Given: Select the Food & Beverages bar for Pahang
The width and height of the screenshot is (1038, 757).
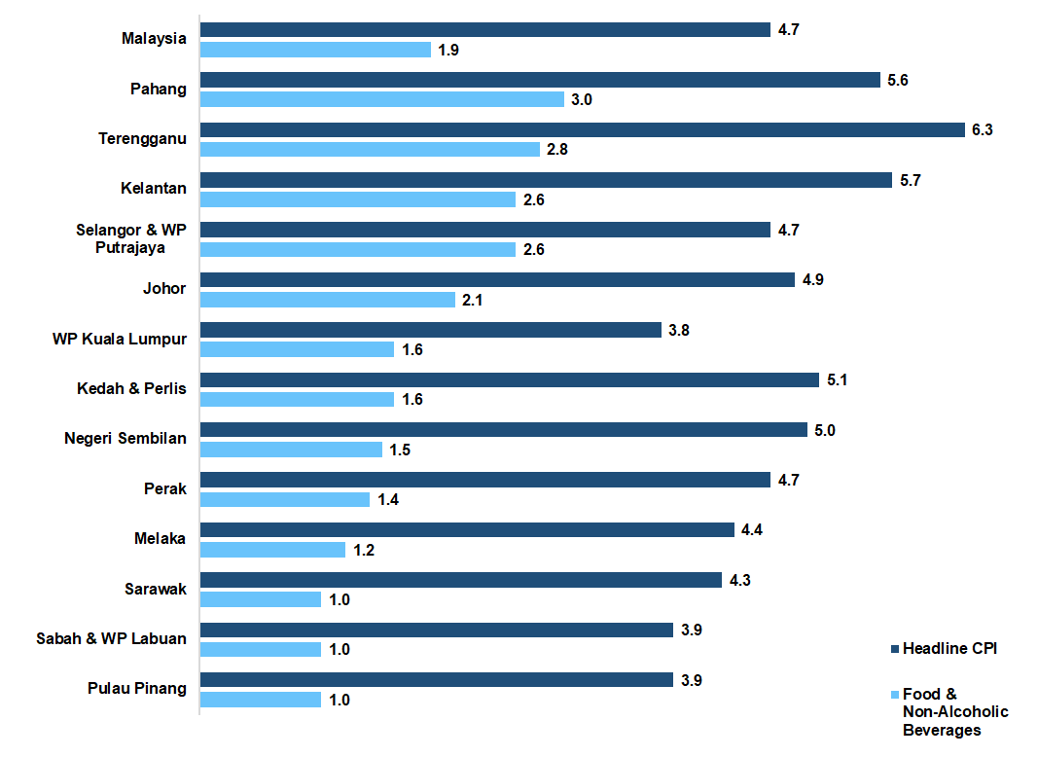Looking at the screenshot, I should pos(382,99).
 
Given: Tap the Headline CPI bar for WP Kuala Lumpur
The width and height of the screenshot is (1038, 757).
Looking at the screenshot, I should pos(430,330).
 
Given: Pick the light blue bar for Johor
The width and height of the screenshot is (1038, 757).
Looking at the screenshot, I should pos(328,300).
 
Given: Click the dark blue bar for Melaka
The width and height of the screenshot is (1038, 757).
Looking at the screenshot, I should pos(467,530).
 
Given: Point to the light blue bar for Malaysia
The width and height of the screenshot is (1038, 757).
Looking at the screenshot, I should pos(315,50).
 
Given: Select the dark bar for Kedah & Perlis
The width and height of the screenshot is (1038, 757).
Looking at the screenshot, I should pos(509,380).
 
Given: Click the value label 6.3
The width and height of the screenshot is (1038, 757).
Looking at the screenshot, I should pos(982,130).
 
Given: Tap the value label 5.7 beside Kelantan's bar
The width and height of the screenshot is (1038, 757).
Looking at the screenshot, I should pos(909,180).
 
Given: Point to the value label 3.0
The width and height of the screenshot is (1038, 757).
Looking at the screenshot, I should pos(582,99).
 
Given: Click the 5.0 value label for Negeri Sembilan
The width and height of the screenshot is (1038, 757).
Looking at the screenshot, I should pos(824,430).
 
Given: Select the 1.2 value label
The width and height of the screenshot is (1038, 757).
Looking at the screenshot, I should pos(363,550).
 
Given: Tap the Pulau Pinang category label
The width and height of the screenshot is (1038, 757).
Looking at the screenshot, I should pos(136,688).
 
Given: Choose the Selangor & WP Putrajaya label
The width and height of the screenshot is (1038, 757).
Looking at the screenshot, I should pos(130,238).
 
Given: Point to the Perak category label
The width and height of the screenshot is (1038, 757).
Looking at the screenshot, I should pos(164,487).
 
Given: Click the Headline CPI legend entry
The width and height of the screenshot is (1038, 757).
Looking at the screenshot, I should pos(949,648).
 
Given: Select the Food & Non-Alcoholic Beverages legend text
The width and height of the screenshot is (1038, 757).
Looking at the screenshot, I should pos(954,712).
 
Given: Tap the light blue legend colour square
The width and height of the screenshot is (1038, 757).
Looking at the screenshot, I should pos(894,694).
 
